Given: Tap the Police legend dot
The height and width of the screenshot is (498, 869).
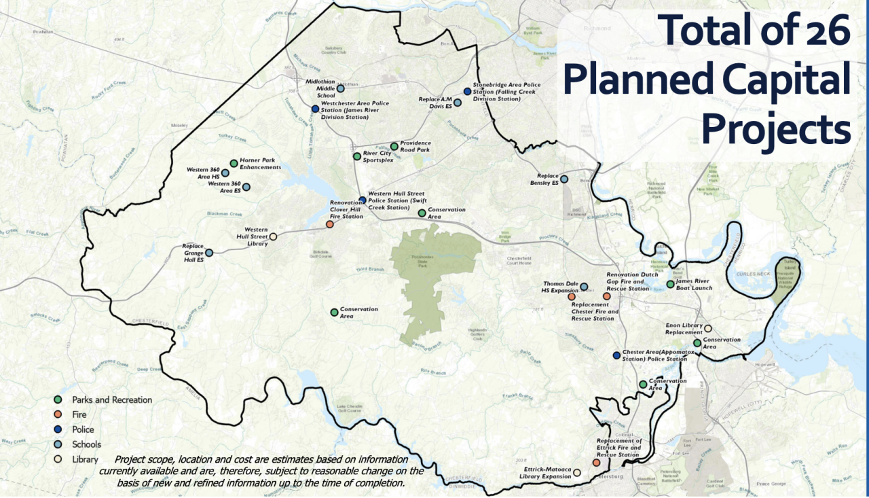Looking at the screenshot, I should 58,429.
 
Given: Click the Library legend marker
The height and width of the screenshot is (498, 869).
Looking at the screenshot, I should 58,459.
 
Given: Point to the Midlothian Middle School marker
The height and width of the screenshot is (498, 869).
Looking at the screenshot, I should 341,88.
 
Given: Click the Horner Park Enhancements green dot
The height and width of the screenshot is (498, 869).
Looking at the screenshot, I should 234,163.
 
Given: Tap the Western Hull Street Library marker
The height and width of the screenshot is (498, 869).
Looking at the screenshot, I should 273,237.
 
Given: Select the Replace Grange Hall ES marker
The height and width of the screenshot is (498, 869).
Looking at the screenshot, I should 209,253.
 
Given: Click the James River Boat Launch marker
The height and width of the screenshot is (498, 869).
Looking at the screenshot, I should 670,284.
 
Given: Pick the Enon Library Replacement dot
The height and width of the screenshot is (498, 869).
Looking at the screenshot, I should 707,328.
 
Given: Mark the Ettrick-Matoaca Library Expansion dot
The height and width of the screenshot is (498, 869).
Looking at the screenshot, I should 577,472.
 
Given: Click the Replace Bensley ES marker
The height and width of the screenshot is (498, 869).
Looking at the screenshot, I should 563,179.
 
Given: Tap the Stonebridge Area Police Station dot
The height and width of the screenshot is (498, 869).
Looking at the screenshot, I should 467,91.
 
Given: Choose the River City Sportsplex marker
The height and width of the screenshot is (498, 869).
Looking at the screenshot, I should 356,156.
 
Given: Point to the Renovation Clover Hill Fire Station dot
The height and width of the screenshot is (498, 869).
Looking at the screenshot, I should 329,224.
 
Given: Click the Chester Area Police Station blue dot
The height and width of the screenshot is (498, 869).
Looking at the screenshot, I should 616,355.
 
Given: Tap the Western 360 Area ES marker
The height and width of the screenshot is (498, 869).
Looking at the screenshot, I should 246,187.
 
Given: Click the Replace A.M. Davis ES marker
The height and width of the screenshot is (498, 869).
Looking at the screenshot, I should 458,103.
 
